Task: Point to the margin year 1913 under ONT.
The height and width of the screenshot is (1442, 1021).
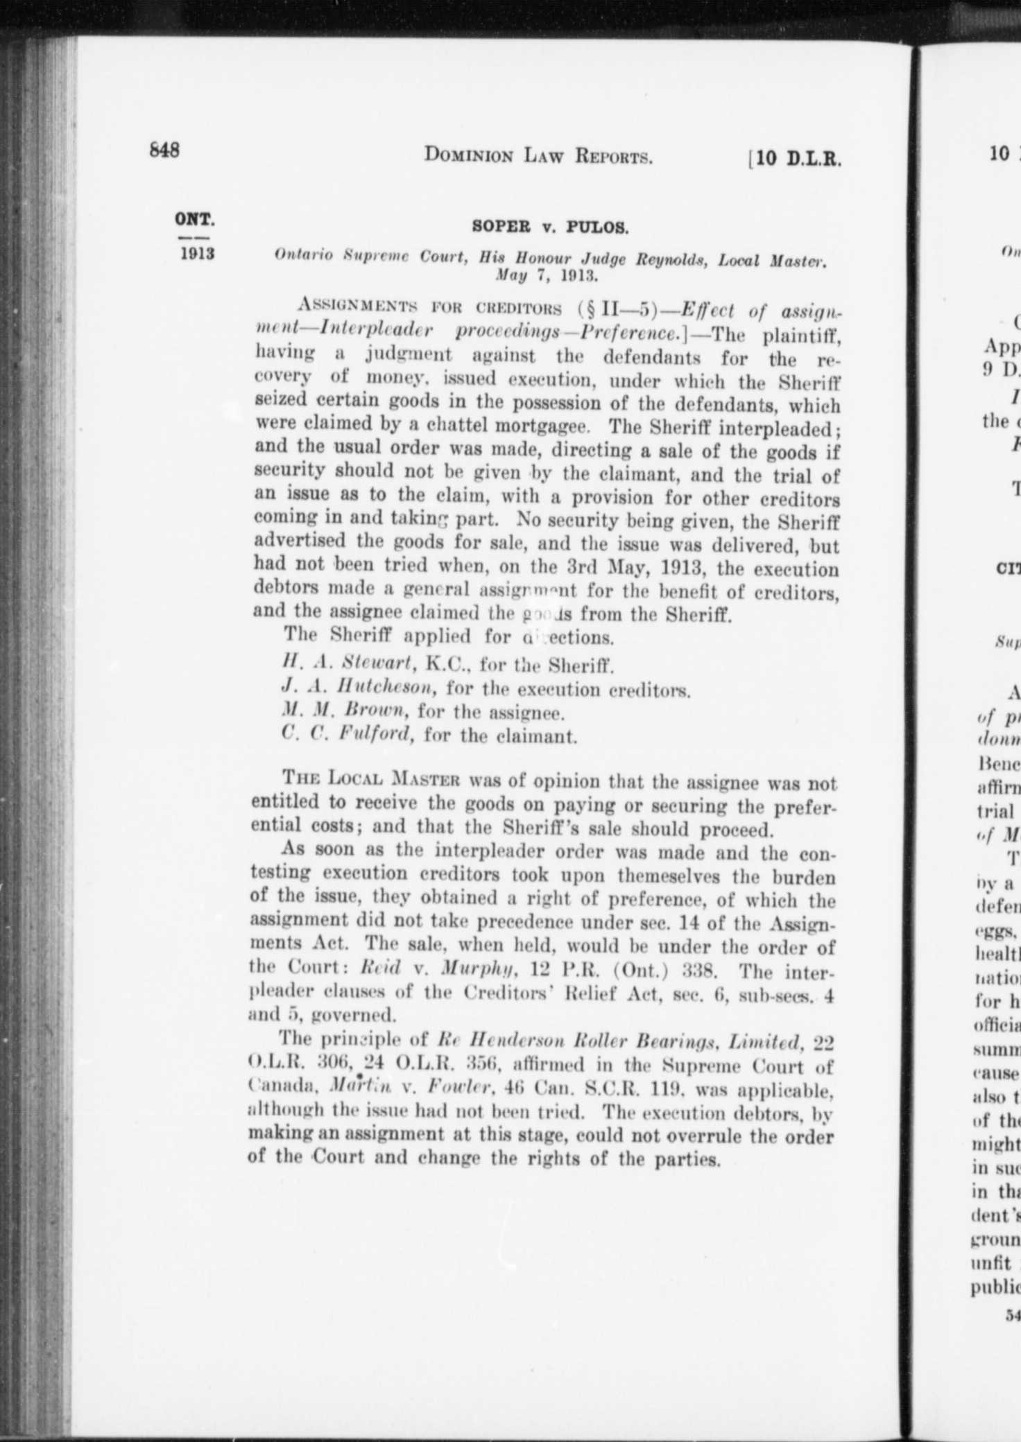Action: coord(197,253)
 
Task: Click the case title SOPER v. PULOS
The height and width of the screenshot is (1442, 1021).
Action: coord(550,226)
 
